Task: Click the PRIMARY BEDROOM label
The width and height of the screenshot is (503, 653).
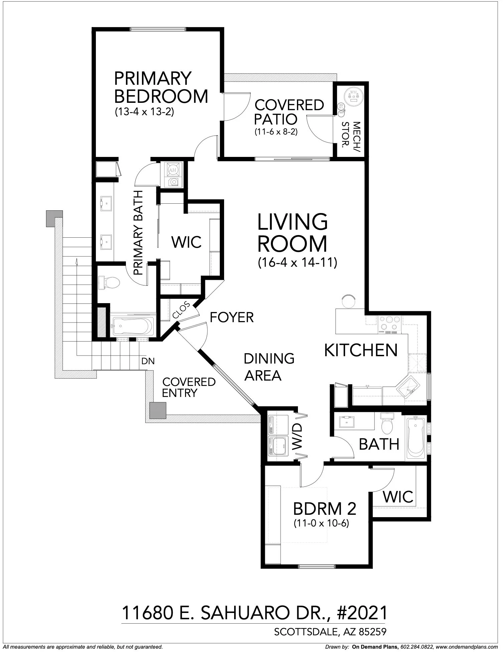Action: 161,87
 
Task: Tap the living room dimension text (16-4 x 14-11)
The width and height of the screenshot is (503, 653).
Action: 297,263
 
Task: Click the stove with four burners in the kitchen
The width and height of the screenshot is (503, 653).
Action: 390,323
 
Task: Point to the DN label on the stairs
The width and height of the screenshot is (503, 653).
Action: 148,361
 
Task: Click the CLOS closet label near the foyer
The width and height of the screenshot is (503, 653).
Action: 181,310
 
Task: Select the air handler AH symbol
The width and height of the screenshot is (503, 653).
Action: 173,170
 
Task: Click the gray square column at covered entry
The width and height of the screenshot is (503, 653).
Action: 158,410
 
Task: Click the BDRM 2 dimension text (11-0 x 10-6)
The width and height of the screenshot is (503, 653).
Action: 321,523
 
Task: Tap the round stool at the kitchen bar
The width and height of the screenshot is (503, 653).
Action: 349,302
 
